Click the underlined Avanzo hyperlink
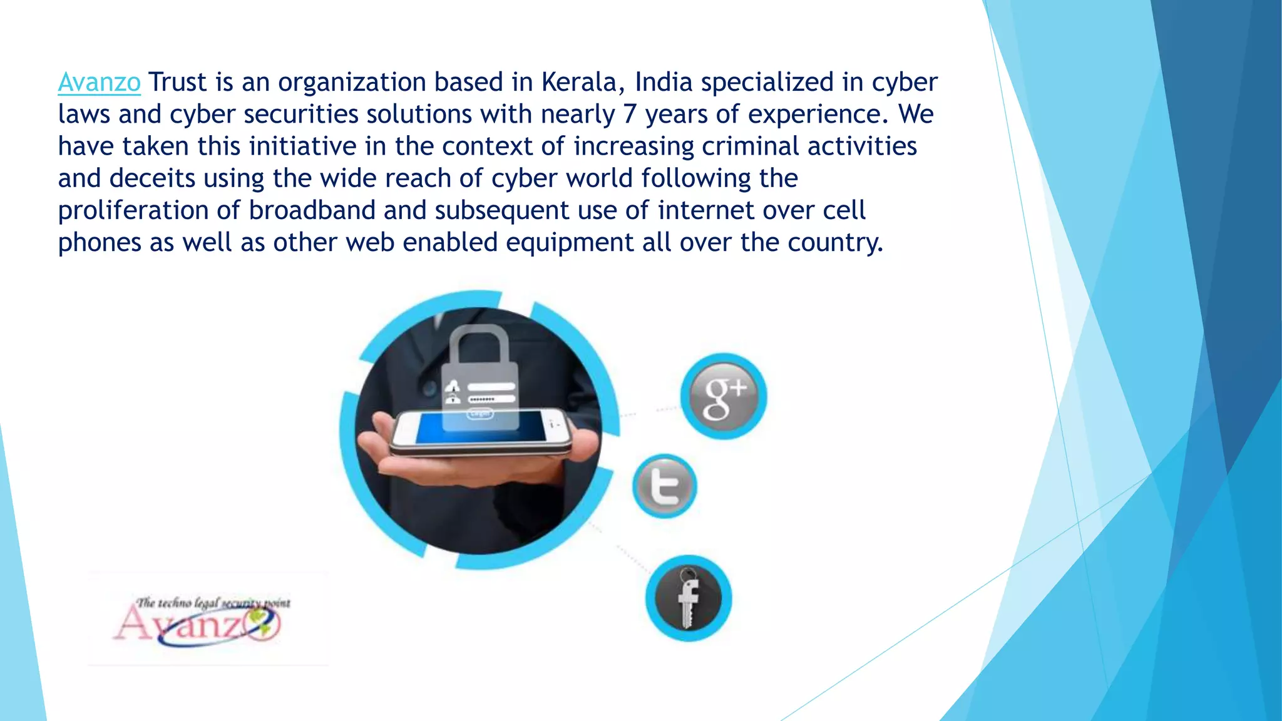coord(99,83)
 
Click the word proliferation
coord(133,210)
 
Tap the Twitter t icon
coord(665,486)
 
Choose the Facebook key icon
coord(689,598)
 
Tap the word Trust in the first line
coord(177,83)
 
